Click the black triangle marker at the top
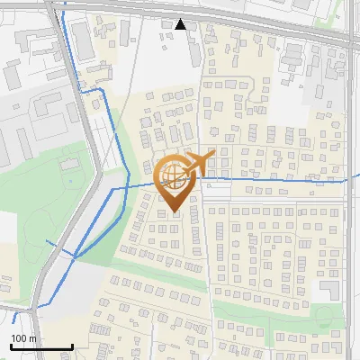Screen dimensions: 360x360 [x=181, y=24]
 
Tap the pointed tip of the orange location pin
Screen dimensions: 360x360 [x=175, y=212]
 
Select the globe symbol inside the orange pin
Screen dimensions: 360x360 [x=174, y=175]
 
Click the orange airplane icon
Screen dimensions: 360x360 [x=199, y=163]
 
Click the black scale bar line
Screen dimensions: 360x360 [x=41, y=346]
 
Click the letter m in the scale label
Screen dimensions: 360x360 [x=33, y=338]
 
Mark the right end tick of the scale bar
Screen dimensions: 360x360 [x=72, y=345]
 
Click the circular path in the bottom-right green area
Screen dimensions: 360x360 [x=324, y=315]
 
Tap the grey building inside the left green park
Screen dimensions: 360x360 [x=69, y=164]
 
